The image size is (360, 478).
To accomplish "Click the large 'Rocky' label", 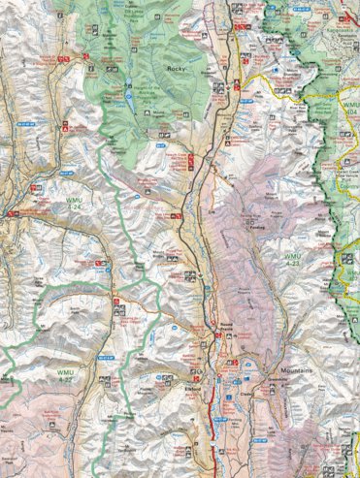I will coord(176,69).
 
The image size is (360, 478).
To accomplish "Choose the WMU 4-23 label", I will coord(294,261).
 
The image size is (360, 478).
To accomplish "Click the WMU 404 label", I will coord(348,112).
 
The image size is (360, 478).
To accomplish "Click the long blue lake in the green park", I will coord(126,85).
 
